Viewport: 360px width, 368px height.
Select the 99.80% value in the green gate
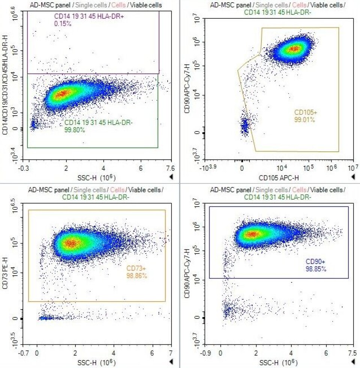click(75, 130)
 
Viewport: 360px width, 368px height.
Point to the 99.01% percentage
click(304, 120)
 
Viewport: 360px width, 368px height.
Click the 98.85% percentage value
click(316, 269)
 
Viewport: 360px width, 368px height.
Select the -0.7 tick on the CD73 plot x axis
click(25, 353)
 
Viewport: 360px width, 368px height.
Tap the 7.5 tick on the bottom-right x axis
click(352, 353)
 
